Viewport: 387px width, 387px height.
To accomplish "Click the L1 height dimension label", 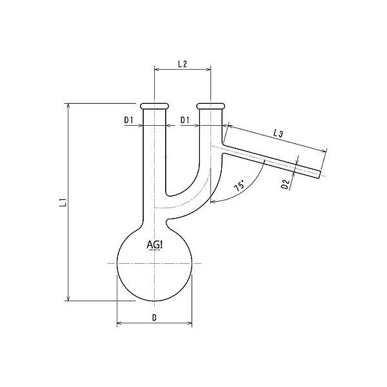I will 63,204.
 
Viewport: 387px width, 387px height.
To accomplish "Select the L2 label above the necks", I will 182,64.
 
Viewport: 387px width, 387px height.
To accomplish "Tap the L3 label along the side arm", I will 279,133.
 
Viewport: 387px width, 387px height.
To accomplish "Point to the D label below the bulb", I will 154,317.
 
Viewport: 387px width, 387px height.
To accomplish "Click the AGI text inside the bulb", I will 155,244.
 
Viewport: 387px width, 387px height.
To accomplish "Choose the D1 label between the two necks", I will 184,120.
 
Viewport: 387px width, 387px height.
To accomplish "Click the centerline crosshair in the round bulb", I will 154,263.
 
